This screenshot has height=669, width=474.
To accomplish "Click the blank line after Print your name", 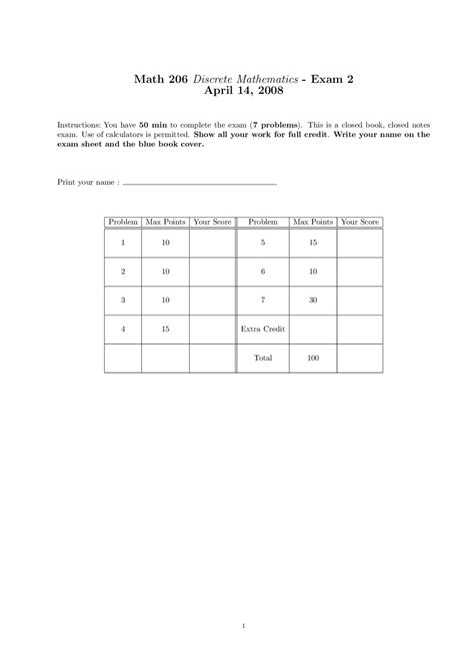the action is (x=200, y=185).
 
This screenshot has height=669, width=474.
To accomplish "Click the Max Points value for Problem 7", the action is (x=313, y=300).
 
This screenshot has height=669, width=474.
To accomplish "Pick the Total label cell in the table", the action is (x=263, y=356).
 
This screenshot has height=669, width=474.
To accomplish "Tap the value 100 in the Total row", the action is (x=313, y=356).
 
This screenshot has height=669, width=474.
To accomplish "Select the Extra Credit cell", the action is (x=263, y=329).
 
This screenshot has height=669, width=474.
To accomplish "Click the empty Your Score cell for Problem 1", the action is (x=212, y=243).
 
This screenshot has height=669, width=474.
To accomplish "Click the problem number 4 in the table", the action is (x=123, y=329).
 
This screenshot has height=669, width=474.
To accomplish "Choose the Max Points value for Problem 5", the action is (x=313, y=243).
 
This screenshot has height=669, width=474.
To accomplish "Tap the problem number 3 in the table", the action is (x=123, y=300).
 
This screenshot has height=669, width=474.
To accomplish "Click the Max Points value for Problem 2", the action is (x=165, y=272).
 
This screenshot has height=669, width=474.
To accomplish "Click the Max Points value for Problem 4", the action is (x=165, y=329).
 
